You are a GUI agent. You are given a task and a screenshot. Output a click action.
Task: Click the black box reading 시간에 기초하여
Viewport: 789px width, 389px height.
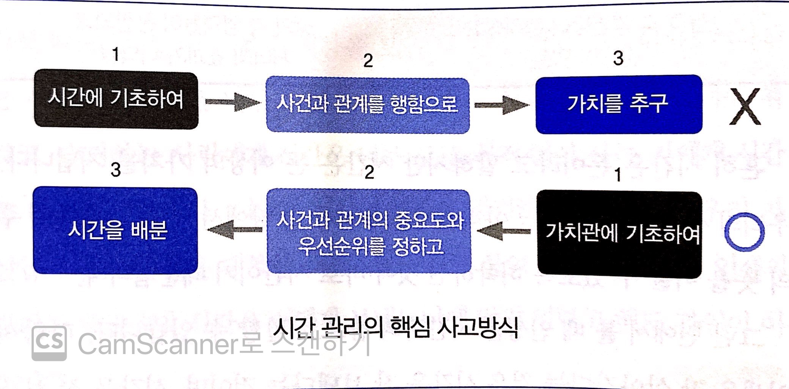point(116,99)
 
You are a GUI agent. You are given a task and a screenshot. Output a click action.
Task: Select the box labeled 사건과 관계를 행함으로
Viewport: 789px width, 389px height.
point(368,105)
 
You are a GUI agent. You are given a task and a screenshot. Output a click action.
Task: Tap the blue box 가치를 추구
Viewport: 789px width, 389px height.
point(618,104)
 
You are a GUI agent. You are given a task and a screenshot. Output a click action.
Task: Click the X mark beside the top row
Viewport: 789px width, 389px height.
point(745,106)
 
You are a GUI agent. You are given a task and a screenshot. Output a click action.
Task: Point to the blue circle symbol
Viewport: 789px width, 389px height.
point(744,232)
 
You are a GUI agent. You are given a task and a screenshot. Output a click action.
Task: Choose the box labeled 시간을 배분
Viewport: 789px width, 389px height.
point(116,230)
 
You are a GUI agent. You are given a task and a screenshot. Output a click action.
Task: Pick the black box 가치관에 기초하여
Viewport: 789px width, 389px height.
point(619,234)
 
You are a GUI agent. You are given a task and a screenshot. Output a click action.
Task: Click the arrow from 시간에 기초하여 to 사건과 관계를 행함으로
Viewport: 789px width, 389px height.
point(232,102)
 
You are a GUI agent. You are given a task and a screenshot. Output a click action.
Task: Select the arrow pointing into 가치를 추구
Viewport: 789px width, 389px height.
point(501,105)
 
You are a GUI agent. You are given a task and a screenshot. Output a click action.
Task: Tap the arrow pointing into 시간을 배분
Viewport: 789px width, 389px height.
point(234,230)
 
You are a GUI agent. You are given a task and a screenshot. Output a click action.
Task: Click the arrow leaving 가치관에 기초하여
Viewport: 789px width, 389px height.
point(503,231)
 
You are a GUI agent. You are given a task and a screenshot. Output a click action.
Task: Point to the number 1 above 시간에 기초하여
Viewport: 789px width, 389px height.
point(116,54)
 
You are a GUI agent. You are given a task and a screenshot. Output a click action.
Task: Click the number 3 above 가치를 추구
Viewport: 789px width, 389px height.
point(618,59)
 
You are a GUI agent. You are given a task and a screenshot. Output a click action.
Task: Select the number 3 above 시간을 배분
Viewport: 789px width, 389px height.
point(116,170)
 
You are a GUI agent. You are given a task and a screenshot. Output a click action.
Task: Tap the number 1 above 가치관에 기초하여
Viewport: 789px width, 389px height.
point(618,175)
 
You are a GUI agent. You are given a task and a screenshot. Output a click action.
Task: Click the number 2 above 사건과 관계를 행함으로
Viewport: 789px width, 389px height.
point(368,61)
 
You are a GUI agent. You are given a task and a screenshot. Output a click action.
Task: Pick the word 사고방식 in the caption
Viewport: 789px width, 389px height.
point(478,327)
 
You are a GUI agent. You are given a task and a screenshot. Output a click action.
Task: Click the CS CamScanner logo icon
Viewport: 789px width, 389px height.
point(49,343)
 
